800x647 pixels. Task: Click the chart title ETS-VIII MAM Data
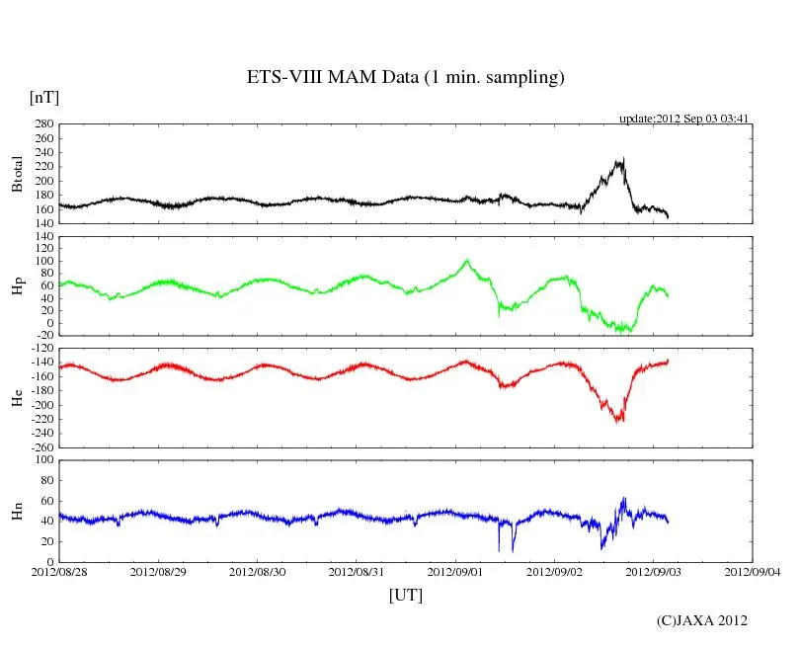[x=405, y=78]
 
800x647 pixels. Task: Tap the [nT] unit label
[x=43, y=97]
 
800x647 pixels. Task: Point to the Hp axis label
[x=17, y=287]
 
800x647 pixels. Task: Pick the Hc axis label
[x=17, y=397]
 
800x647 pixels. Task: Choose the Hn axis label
[x=17, y=511]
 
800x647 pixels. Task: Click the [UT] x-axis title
[x=405, y=595]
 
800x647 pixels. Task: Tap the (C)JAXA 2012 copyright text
[x=702, y=620]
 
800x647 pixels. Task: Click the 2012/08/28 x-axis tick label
[x=58, y=572]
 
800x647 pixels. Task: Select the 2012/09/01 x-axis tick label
[x=454, y=572]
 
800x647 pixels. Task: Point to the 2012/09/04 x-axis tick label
[x=753, y=572]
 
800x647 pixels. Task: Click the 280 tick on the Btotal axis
[x=42, y=124]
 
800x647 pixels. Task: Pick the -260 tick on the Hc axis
[x=39, y=446]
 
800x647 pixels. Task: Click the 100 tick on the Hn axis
[x=42, y=459]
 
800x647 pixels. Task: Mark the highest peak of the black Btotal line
[x=622, y=158]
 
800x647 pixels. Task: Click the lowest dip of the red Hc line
[x=619, y=422]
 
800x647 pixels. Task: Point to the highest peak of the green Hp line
[x=466, y=260]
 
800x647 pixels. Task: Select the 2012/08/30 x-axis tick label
[x=257, y=572]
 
